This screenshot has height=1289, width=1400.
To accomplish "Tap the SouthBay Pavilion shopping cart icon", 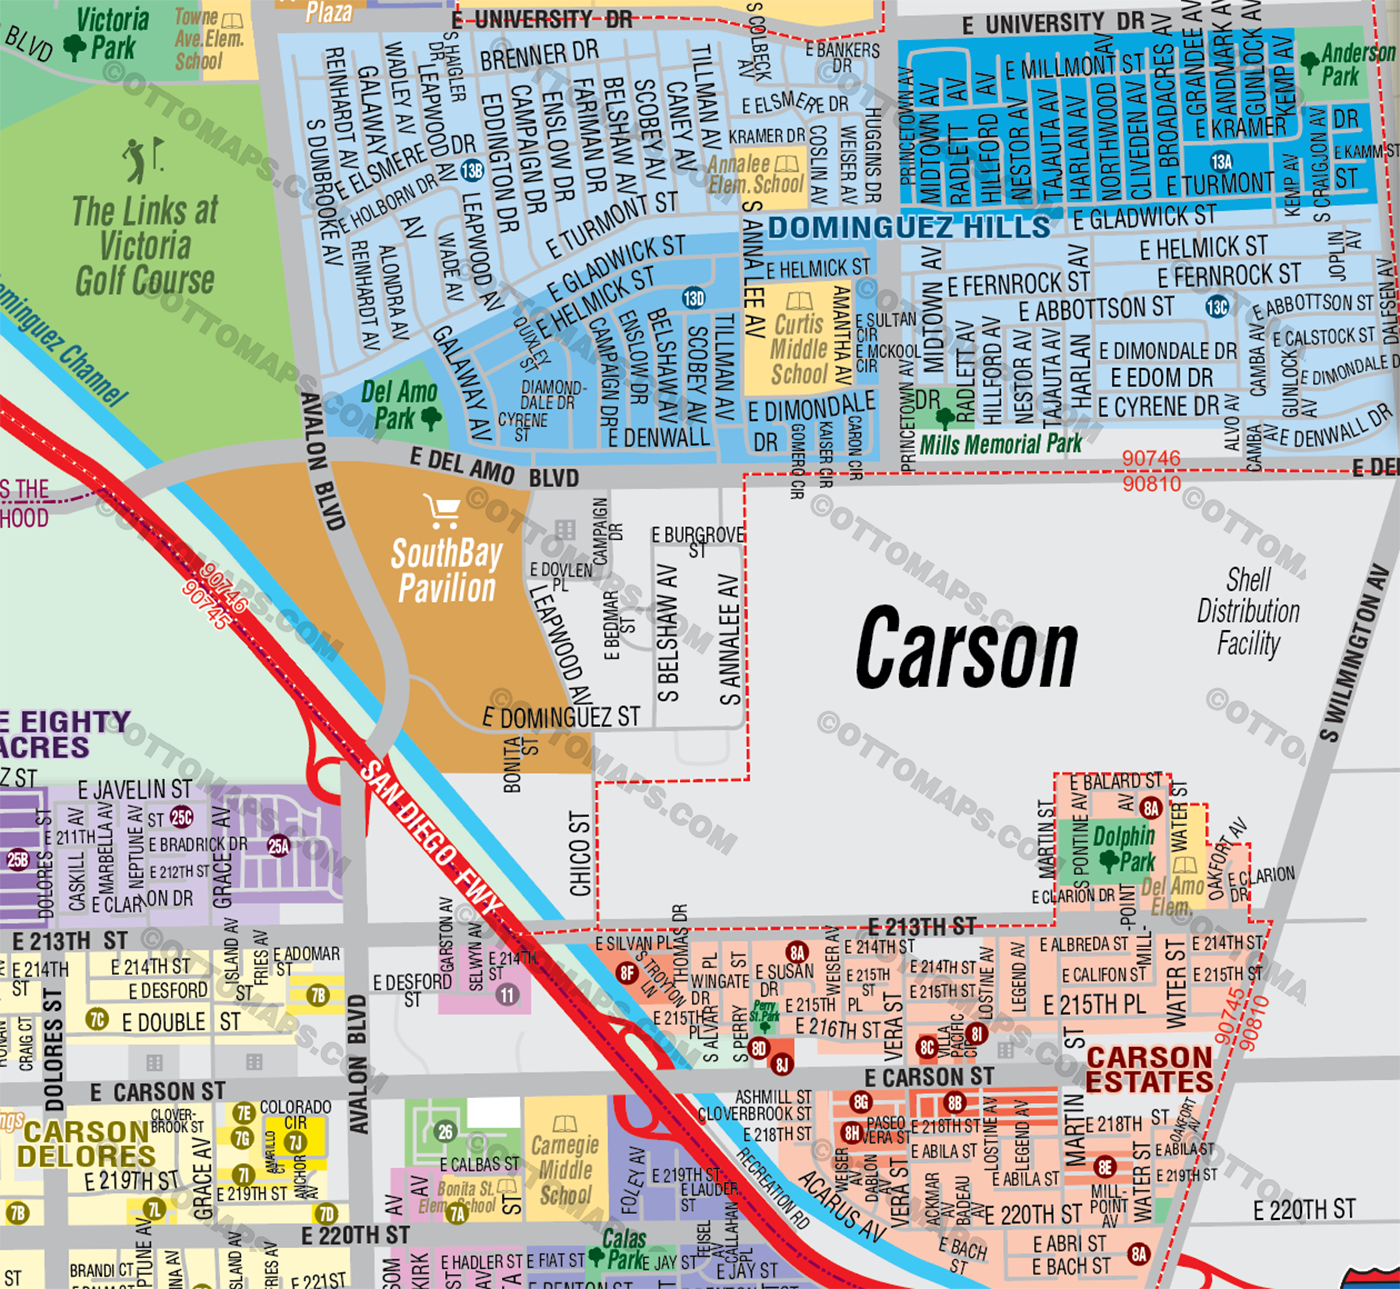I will coord(441,511).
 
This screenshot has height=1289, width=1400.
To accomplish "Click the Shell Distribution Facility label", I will coord(1248,612).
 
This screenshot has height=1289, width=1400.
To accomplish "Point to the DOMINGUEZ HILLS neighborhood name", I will coord(909,227).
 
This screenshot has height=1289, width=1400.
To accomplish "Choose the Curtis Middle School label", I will coord(799,348).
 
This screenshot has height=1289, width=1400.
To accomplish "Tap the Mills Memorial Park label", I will coord(1000,444).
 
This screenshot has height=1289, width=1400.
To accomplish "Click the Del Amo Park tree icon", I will coord(432,417).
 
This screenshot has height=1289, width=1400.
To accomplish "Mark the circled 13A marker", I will coord(1221,161).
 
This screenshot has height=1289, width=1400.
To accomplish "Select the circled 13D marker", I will coord(694,298).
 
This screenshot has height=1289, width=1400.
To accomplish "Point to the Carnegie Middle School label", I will coord(565,1168).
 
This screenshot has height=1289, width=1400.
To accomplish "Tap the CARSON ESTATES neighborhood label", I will coord(1149,1070).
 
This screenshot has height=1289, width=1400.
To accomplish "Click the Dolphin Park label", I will coord(1123,847).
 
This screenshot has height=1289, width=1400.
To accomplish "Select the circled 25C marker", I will coord(181,817).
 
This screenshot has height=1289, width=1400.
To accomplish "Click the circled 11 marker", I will coord(508,995).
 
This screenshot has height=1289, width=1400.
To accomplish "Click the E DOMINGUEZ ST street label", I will coord(560,717).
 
